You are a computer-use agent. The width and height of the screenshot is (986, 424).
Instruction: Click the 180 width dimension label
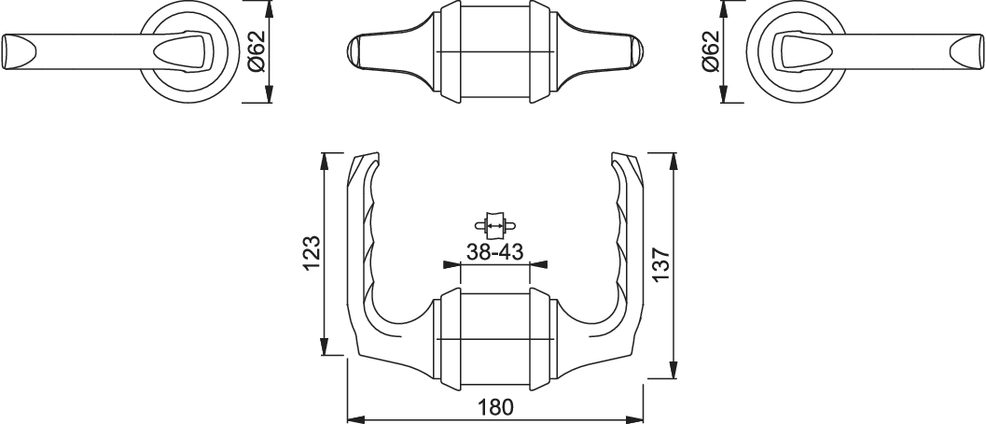495,407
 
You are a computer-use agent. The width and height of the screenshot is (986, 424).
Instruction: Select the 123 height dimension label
312,253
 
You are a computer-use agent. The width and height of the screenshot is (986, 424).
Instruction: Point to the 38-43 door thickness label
495,252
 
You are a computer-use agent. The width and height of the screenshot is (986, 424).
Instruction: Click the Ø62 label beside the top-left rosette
257,51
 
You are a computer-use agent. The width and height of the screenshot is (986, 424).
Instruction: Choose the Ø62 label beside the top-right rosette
710,51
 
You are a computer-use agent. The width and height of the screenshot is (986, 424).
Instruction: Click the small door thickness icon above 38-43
495,224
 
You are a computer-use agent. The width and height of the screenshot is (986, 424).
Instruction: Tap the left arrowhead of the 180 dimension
356,419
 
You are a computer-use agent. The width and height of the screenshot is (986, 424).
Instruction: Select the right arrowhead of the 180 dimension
634,419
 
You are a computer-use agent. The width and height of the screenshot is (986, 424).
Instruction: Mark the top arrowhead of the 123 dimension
325,162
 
